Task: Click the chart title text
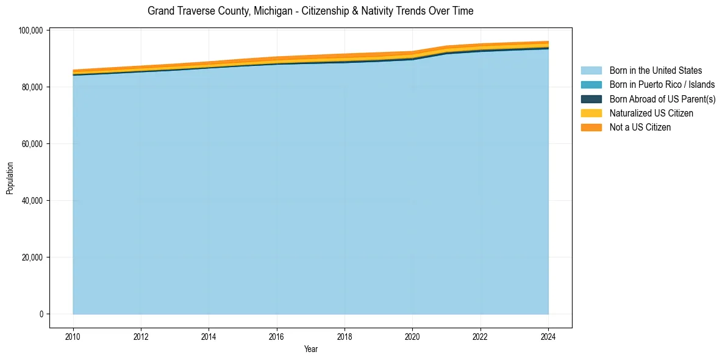pos(310,11)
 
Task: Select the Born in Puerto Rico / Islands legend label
pos(662,85)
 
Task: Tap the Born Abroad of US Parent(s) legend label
pos(662,99)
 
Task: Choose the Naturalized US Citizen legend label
pos(651,113)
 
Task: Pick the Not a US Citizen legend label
pos(640,128)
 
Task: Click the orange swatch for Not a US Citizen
pos(591,128)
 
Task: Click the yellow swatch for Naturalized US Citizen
pos(591,113)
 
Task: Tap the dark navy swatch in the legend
pos(591,99)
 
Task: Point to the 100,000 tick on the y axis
pos(30,31)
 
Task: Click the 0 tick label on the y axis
pos(41,314)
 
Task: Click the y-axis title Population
pos(10,178)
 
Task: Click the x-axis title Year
pos(310,349)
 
